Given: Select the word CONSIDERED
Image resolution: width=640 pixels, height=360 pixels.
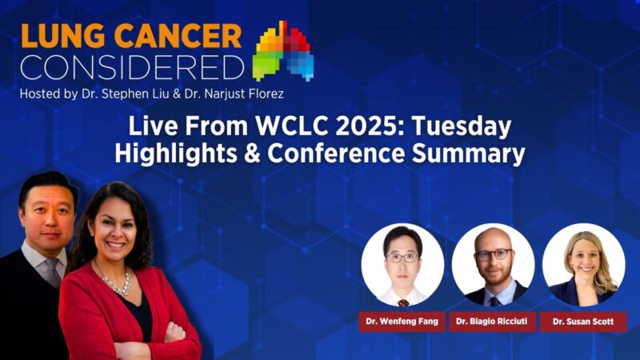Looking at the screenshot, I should coord(131,67).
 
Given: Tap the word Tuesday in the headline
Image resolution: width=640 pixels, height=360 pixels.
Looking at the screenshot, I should coord(465,127).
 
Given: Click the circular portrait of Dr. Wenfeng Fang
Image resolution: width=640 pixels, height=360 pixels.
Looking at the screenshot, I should coord(402,266).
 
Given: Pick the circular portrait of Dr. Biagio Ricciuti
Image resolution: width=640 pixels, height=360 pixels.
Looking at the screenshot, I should coord(493,266).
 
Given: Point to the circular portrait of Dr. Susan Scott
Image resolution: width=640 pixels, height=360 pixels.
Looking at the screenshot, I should coord(583,266).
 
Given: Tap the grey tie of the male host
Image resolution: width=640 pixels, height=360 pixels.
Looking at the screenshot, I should coord(54,272).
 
